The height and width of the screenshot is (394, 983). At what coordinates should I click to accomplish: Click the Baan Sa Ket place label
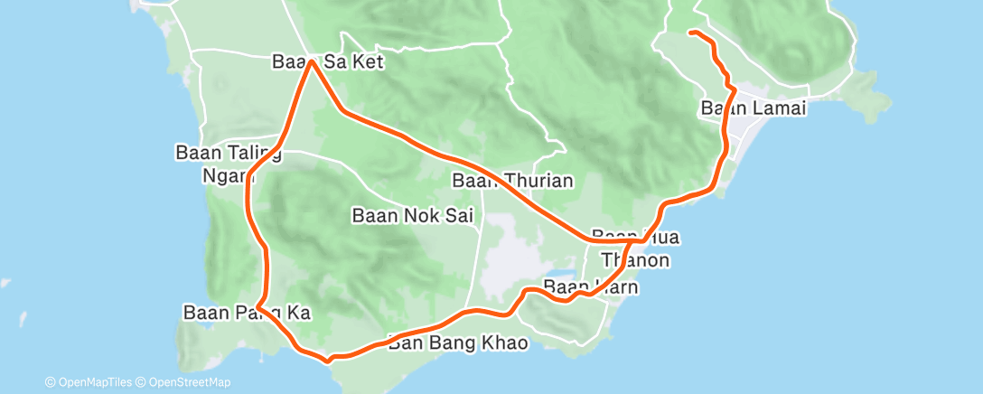tap(328, 63)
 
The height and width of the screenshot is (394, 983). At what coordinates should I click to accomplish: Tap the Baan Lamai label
tap(753, 108)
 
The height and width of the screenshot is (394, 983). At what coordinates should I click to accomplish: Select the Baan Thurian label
tap(512, 181)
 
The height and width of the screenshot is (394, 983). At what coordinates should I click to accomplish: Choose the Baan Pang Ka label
tap(247, 314)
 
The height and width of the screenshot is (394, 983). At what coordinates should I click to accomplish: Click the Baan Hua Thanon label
tap(635, 249)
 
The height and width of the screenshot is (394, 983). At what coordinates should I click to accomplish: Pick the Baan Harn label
tap(591, 288)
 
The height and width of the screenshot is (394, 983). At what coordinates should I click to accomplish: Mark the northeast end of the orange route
tap(691, 33)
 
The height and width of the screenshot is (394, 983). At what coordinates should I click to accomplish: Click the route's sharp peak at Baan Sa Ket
tap(311, 61)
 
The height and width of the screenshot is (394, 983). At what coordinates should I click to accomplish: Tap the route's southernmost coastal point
tap(330, 359)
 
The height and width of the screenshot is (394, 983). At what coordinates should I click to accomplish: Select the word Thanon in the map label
tap(641, 260)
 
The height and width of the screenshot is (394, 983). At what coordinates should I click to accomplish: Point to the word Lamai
tap(772, 108)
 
